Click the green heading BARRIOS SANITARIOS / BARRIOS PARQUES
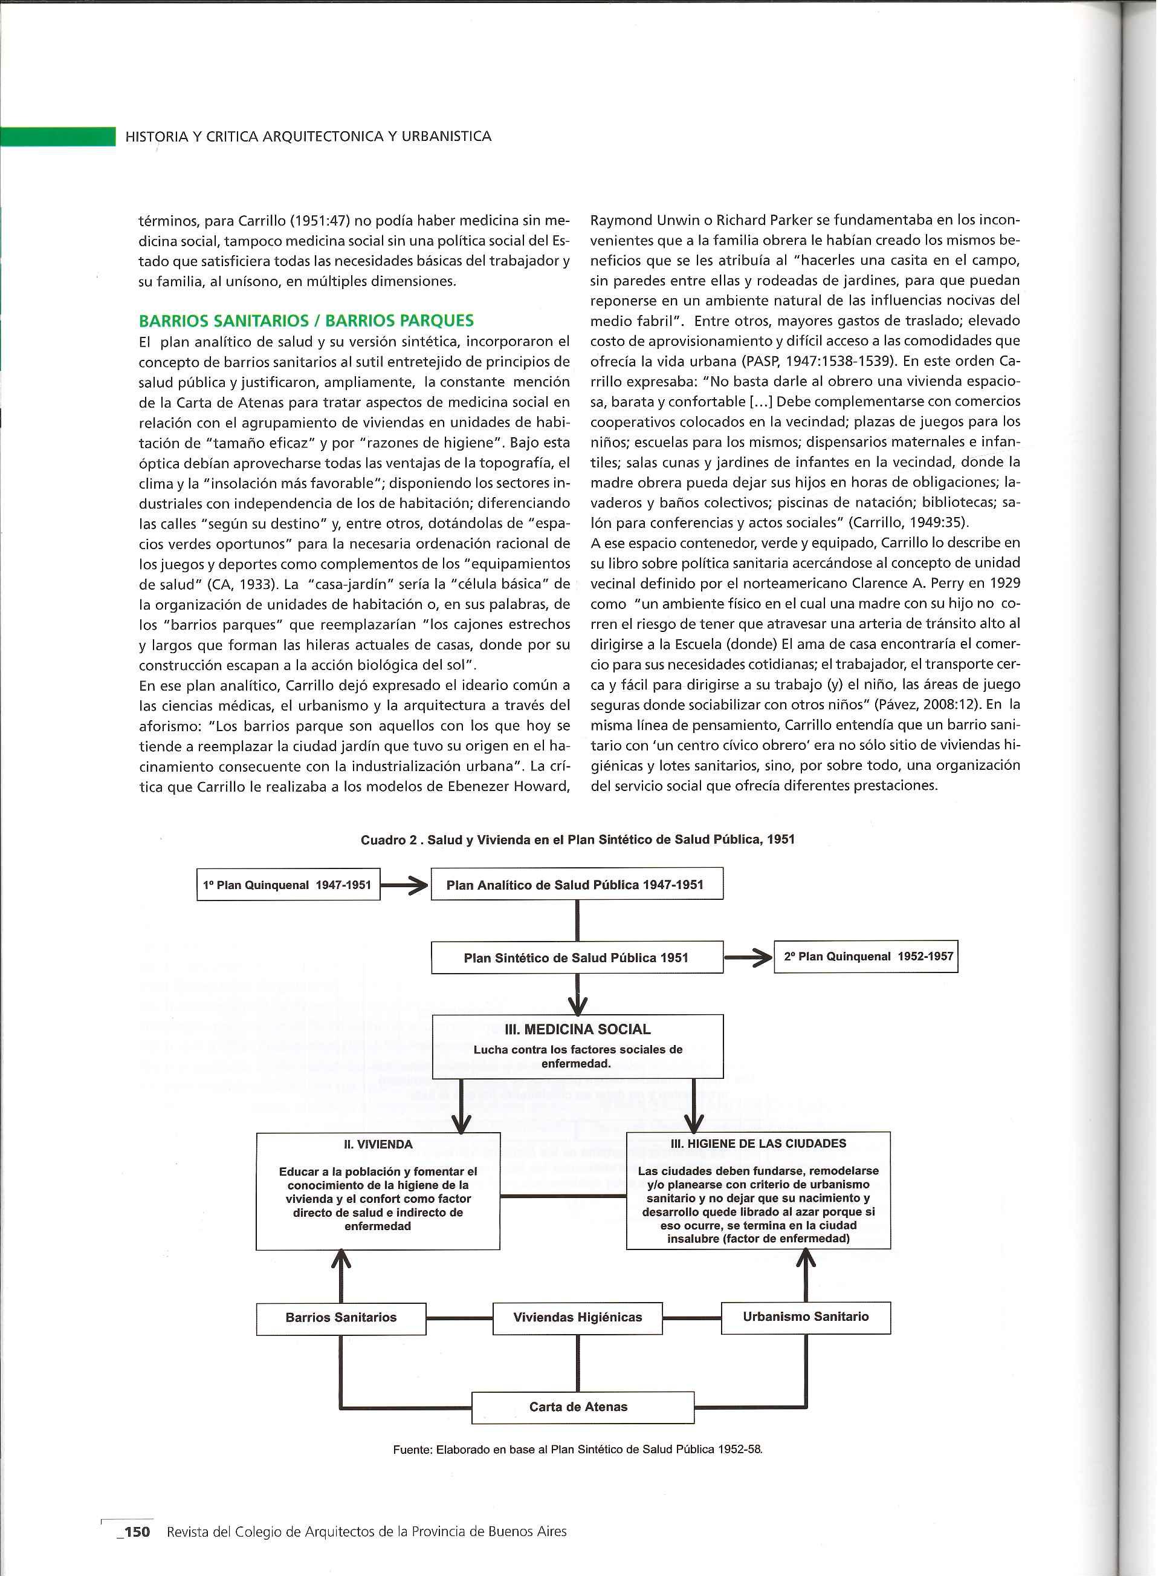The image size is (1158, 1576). [x=306, y=321]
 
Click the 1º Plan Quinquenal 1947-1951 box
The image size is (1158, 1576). [x=288, y=885]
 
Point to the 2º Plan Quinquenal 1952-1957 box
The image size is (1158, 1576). [x=865, y=957]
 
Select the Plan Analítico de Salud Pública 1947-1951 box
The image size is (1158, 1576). [x=576, y=884]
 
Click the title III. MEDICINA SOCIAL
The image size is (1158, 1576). [x=578, y=1030]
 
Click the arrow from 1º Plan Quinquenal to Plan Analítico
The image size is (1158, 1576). [x=404, y=886]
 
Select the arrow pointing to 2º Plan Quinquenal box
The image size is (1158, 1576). [x=748, y=957]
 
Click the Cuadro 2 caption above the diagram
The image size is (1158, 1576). [x=578, y=839]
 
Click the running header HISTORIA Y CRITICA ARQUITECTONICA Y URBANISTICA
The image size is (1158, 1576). [x=308, y=137]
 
